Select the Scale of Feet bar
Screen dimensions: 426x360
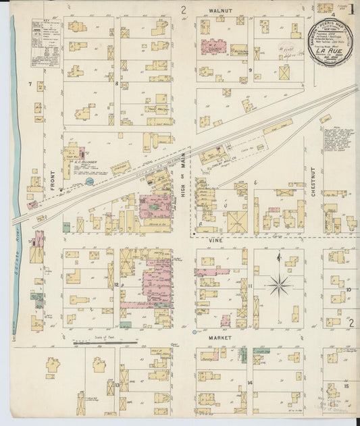click(x=104, y=344)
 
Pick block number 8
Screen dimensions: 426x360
click(x=116, y=84)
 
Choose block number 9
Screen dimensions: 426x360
click(x=249, y=70)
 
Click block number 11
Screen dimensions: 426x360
click(x=250, y=286)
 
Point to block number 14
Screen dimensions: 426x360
click(x=249, y=383)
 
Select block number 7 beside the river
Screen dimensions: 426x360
click(x=30, y=84)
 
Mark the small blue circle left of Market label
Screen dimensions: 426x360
click(x=195, y=331)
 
